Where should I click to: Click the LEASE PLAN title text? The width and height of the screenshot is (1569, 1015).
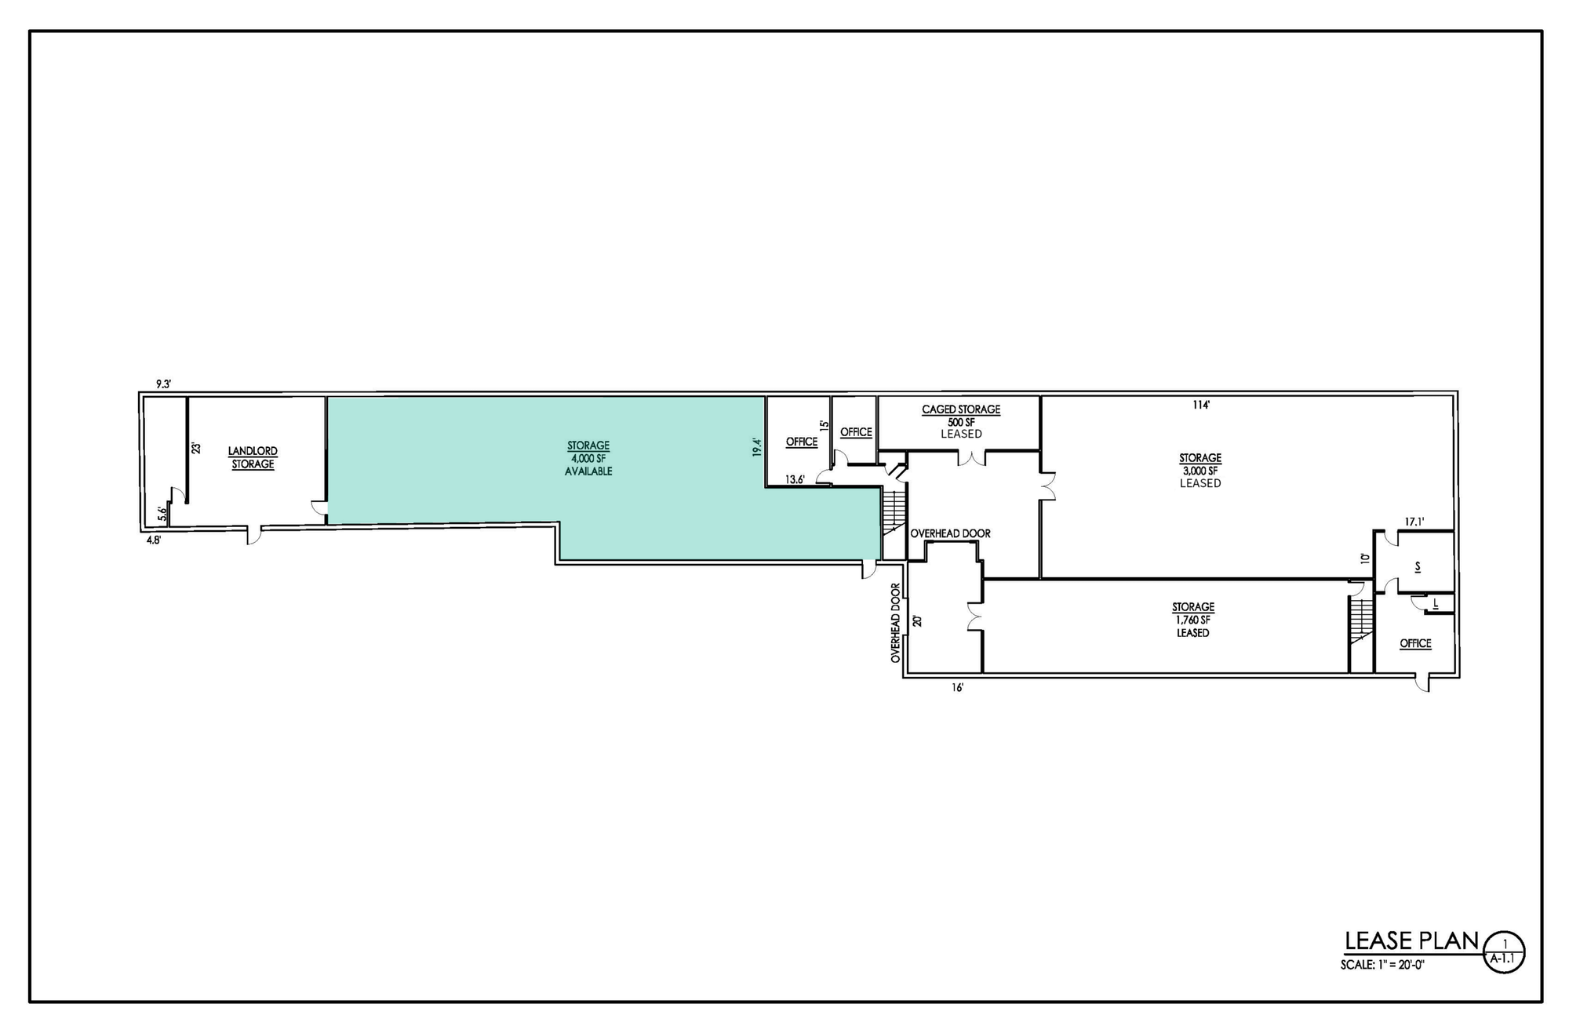[x=1411, y=940]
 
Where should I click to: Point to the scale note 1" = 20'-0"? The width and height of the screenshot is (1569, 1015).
[x=1382, y=966]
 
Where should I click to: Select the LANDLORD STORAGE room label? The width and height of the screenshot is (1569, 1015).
[x=253, y=458]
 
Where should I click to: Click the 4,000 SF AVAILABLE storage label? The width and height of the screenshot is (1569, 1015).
[x=588, y=459]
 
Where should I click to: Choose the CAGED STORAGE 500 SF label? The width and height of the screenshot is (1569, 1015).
[x=961, y=421]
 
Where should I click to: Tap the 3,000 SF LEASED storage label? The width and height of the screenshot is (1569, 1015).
[x=1200, y=471]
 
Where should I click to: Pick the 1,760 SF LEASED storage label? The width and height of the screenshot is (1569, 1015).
[x=1193, y=620]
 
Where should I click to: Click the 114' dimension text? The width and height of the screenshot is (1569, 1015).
[x=1201, y=406]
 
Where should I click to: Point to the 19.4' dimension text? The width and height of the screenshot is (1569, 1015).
[x=757, y=447]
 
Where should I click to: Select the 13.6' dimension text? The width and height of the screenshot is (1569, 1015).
[x=795, y=480]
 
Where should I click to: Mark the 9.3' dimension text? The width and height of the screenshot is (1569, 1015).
[x=163, y=384]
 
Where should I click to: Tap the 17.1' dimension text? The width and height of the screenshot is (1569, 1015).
[x=1414, y=521]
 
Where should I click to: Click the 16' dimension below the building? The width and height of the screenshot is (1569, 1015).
[x=957, y=688]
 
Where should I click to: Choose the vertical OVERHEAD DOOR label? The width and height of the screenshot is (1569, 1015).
[x=895, y=624]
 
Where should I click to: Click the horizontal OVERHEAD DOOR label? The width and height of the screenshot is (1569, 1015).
[x=950, y=533]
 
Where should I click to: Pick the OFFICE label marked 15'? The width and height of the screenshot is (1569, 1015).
[x=802, y=442]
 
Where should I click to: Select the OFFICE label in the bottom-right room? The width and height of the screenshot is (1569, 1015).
[x=1415, y=644]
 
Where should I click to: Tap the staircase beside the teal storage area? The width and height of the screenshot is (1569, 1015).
[x=894, y=511]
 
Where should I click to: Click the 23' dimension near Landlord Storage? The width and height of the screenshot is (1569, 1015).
[x=196, y=449]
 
